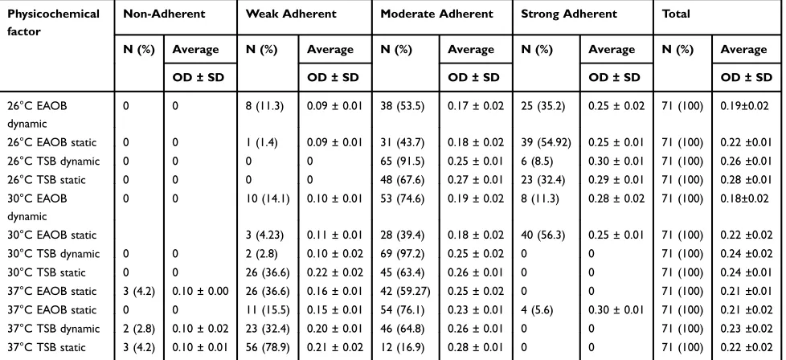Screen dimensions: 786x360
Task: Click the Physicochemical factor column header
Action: pos(53,22)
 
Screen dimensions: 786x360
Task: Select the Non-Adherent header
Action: pos(164,14)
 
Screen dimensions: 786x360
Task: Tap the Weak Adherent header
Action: pos(291,14)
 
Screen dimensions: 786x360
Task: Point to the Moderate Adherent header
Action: pos(436,14)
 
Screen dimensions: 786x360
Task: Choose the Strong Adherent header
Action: pos(569,14)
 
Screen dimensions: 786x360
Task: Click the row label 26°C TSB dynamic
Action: pos(53,161)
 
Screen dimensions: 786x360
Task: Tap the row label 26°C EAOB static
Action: pos(51,142)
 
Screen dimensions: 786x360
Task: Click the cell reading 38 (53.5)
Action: pos(402,106)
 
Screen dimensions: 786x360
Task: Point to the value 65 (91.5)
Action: pos(402,161)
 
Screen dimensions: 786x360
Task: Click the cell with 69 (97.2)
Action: pos(402,254)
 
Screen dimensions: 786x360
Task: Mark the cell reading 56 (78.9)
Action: pos(268,347)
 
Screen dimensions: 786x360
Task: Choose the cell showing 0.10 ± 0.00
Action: pos(200,291)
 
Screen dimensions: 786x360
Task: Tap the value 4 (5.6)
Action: pos(537,310)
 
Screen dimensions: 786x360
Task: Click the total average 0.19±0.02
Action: pos(744,106)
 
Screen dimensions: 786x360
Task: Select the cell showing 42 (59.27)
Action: pos(405,291)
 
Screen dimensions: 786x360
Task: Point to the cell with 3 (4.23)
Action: pos(264,235)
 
